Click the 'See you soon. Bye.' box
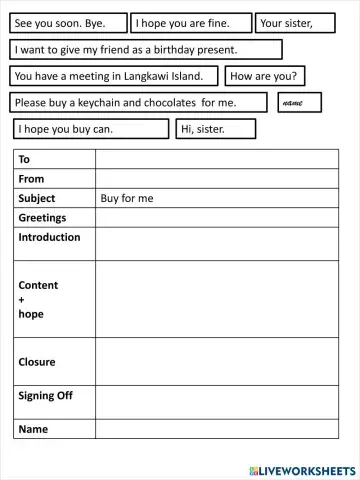[x=68, y=23]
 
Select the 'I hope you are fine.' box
[x=191, y=23]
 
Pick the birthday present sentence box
[x=146, y=50]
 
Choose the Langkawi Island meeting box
[x=115, y=76]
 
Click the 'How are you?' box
[x=266, y=76]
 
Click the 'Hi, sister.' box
[x=214, y=129]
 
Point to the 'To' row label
[x=25, y=160]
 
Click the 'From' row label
[x=32, y=179]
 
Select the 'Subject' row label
[x=37, y=198]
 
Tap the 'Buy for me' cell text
[x=127, y=198]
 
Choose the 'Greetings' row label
[x=42, y=217]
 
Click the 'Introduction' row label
[x=49, y=237]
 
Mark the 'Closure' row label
[x=37, y=362]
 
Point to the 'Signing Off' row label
[x=45, y=396]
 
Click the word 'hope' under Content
[x=31, y=314]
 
